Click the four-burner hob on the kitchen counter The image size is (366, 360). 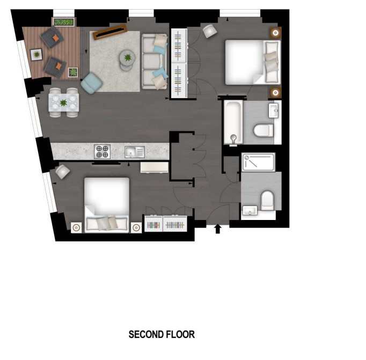103,151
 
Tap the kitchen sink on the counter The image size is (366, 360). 135,152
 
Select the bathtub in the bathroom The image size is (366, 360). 233,122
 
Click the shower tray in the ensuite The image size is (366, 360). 258,162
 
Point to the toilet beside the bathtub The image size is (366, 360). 263,130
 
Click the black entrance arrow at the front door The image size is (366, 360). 218,229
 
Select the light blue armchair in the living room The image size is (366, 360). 92,83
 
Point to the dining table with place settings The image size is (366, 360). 64,102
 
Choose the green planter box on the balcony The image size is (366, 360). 64,22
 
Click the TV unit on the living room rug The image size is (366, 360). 110,32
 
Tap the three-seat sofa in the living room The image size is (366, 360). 155,62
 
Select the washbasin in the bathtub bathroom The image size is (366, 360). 273,111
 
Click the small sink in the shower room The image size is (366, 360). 250,210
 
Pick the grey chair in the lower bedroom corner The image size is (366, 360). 63,172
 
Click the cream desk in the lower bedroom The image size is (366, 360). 155,167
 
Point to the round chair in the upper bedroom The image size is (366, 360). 209,31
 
